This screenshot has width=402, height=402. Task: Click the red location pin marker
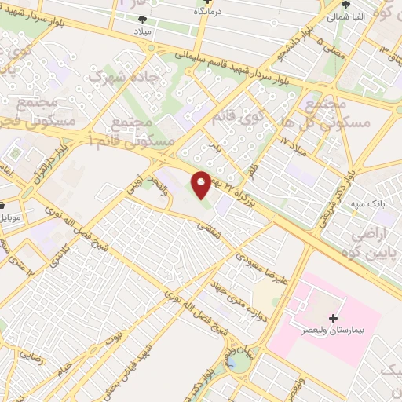tap(202, 183)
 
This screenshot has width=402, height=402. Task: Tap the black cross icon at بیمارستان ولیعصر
tap(334, 319)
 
